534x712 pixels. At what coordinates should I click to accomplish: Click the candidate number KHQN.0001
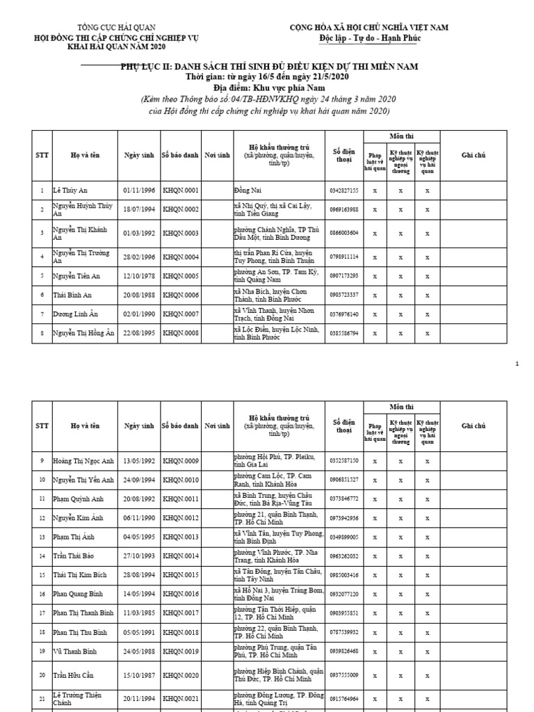coord(180,190)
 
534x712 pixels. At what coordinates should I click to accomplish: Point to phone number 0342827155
coord(343,190)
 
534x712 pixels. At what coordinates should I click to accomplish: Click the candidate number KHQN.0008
coord(180,334)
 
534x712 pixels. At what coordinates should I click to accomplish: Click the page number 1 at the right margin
coord(517,364)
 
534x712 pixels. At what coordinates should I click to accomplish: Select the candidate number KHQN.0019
coord(180,652)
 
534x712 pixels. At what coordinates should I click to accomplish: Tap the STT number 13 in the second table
coord(42,537)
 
